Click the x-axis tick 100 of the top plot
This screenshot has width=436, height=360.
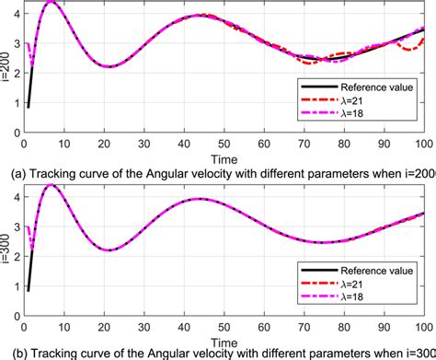click(421, 144)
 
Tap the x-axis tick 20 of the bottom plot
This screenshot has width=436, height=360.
click(104, 327)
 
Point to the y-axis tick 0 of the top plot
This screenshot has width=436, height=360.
click(16, 134)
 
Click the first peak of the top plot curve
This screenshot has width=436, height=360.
click(52, 4)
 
